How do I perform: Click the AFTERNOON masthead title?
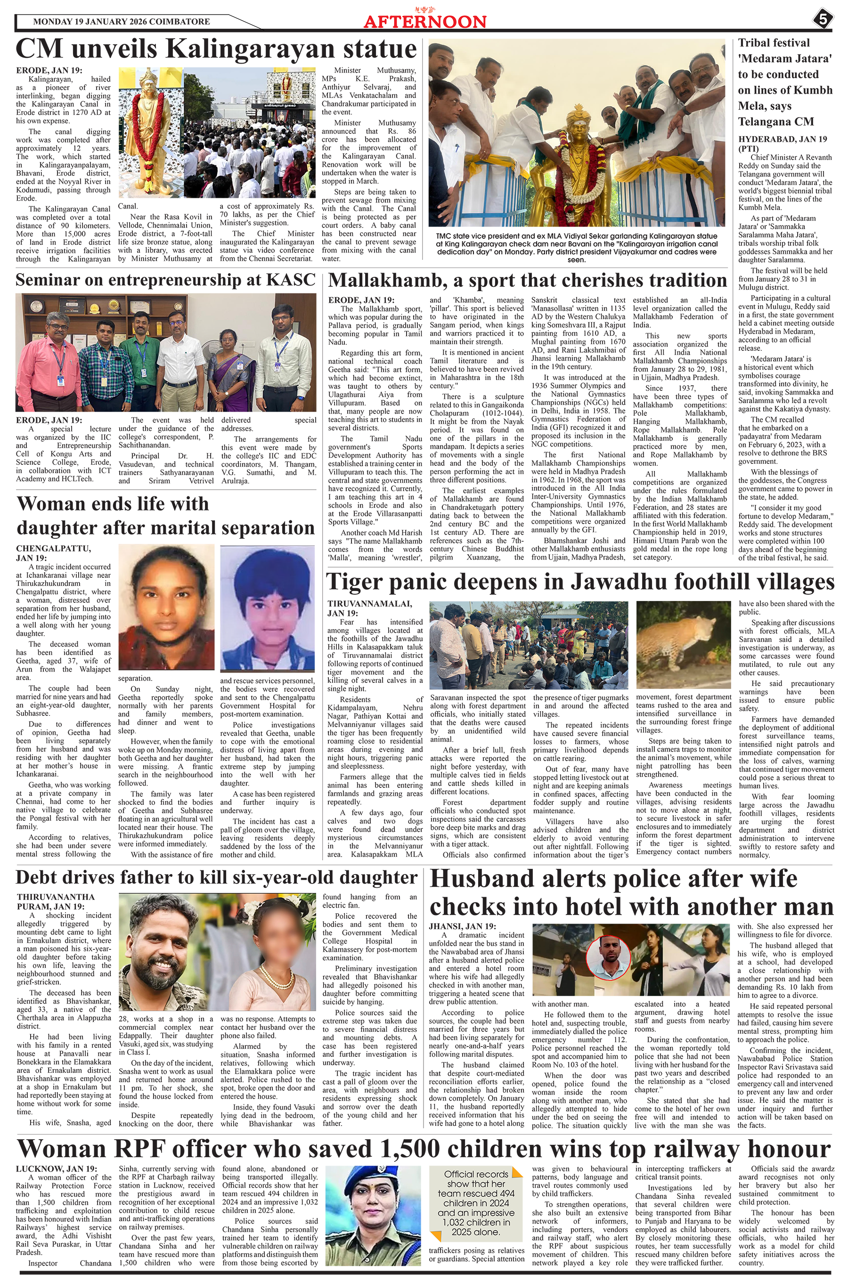[424, 22]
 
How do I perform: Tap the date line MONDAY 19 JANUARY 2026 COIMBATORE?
[121, 22]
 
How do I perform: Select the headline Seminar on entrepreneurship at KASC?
[165, 280]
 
